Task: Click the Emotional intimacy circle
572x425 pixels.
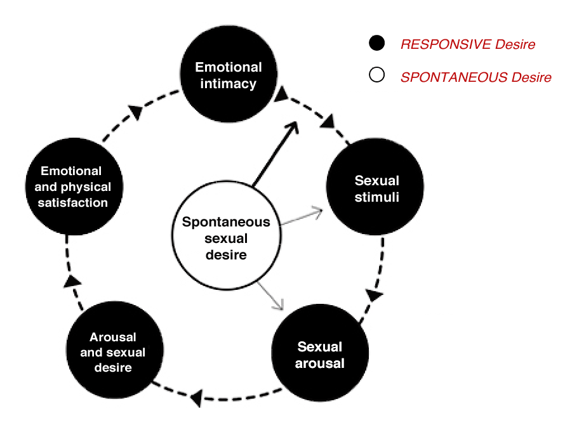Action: pos(228,75)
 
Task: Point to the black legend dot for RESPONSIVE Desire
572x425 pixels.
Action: pos(377,44)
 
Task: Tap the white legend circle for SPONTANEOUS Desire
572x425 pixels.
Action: pos(377,77)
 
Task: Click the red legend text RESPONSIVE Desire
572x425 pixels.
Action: pos(467,44)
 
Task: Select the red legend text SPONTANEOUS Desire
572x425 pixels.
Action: pos(476,77)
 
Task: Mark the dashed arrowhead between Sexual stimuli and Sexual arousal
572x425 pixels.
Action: pos(375,296)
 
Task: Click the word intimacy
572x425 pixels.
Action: pos(228,84)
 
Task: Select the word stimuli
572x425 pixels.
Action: pos(376,197)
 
